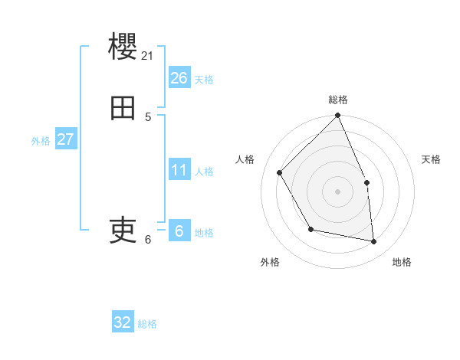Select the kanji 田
(x=123, y=109)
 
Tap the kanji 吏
(x=123, y=230)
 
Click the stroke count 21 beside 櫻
(x=148, y=55)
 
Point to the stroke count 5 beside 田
(x=148, y=116)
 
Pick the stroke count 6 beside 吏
(x=148, y=239)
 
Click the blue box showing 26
(x=179, y=78)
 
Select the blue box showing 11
(x=179, y=170)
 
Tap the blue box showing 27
(x=65, y=139)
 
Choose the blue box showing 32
(x=123, y=322)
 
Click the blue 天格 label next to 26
(x=204, y=80)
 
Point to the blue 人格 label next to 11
(x=204, y=172)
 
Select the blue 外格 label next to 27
(x=41, y=141)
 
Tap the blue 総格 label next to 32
(x=147, y=324)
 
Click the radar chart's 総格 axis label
(x=337, y=100)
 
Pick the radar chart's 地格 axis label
(x=402, y=262)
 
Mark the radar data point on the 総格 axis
(x=337, y=116)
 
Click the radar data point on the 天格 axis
(x=366, y=182)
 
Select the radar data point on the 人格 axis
(x=280, y=173)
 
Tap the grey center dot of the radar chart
(x=337, y=191)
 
